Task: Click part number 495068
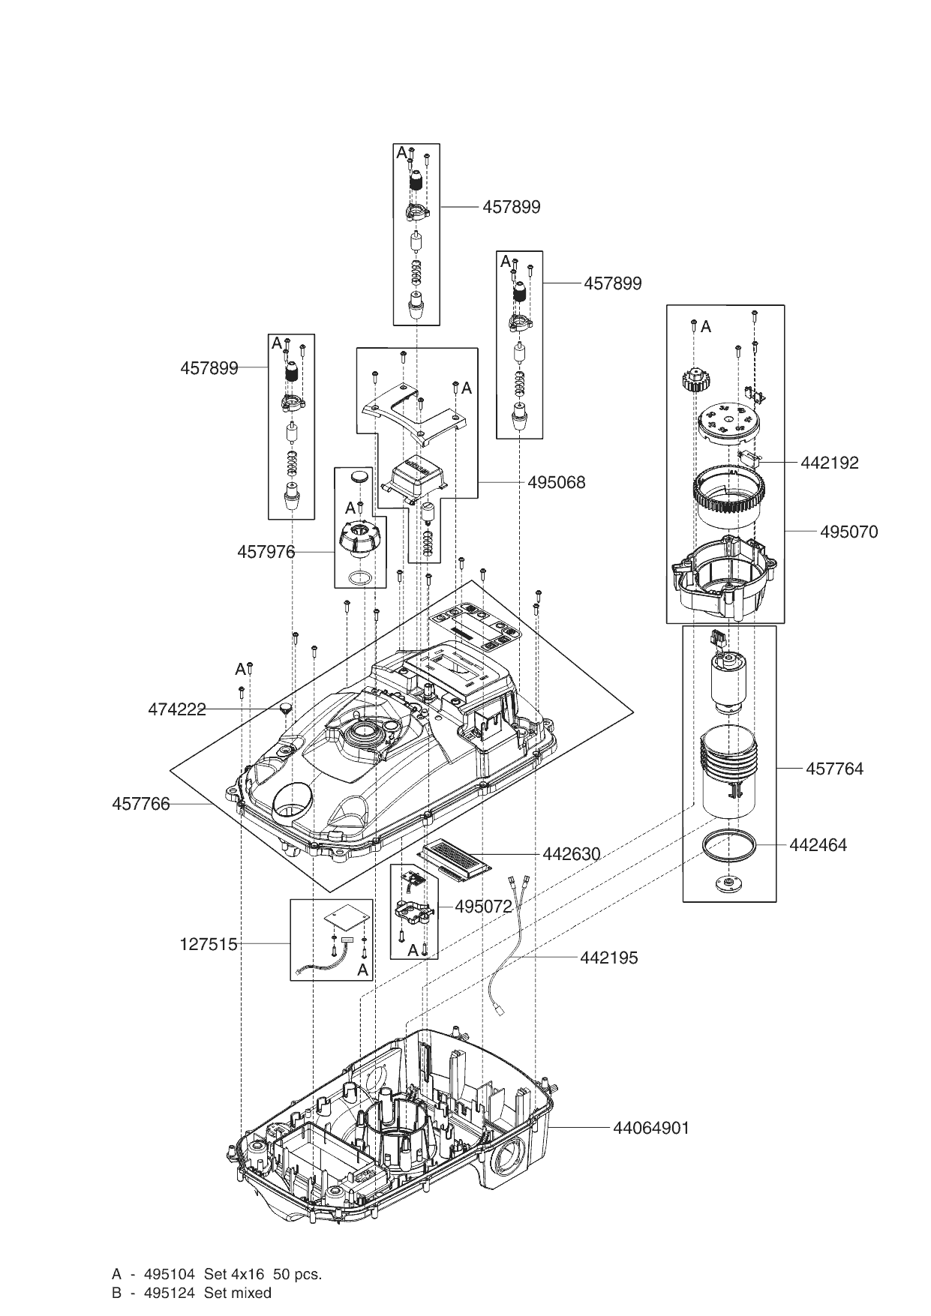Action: pyautogui.click(x=557, y=482)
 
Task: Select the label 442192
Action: pyautogui.click(x=830, y=463)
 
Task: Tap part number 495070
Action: pyautogui.click(x=848, y=532)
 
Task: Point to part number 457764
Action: pyautogui.click(x=834, y=769)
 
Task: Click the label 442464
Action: pyautogui.click(x=818, y=845)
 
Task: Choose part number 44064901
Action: pyautogui.click(x=650, y=1128)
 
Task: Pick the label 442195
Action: pyautogui.click(x=608, y=958)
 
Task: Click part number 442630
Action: pyautogui.click(x=571, y=854)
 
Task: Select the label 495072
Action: pyautogui.click(x=483, y=906)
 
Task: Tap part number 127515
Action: pyautogui.click(x=209, y=944)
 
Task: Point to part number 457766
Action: pyautogui.click(x=141, y=804)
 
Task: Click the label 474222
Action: pyautogui.click(x=177, y=709)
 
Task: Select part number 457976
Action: pyautogui.click(x=266, y=552)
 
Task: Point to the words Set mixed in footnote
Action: pyautogui.click(x=238, y=1293)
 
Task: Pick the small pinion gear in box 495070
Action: pyautogui.click(x=695, y=379)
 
